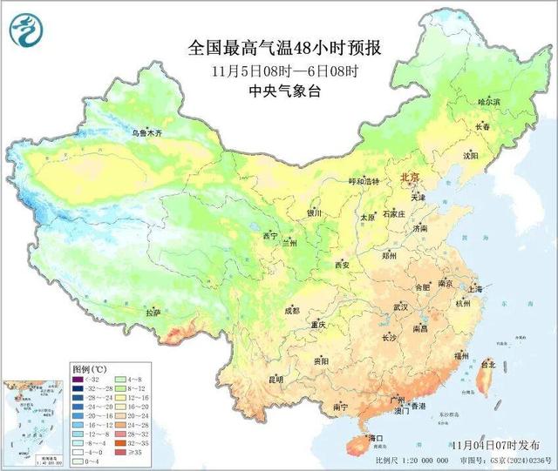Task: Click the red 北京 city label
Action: click(x=409, y=177)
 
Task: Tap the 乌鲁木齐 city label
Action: click(x=146, y=133)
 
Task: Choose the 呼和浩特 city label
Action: click(x=365, y=181)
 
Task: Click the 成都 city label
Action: click(x=291, y=310)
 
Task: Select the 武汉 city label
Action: click(x=401, y=307)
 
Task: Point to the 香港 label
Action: click(x=418, y=407)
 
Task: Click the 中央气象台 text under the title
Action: click(x=285, y=90)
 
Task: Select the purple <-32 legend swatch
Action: click(x=78, y=380)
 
